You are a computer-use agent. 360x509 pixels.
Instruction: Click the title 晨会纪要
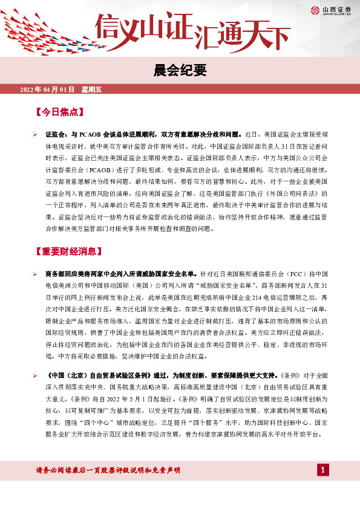tap(180, 70)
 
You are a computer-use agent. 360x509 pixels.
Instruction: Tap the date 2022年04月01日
tap(47, 90)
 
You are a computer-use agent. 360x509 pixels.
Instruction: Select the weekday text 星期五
tap(91, 90)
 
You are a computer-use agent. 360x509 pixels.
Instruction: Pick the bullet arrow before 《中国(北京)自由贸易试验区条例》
tap(36, 376)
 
